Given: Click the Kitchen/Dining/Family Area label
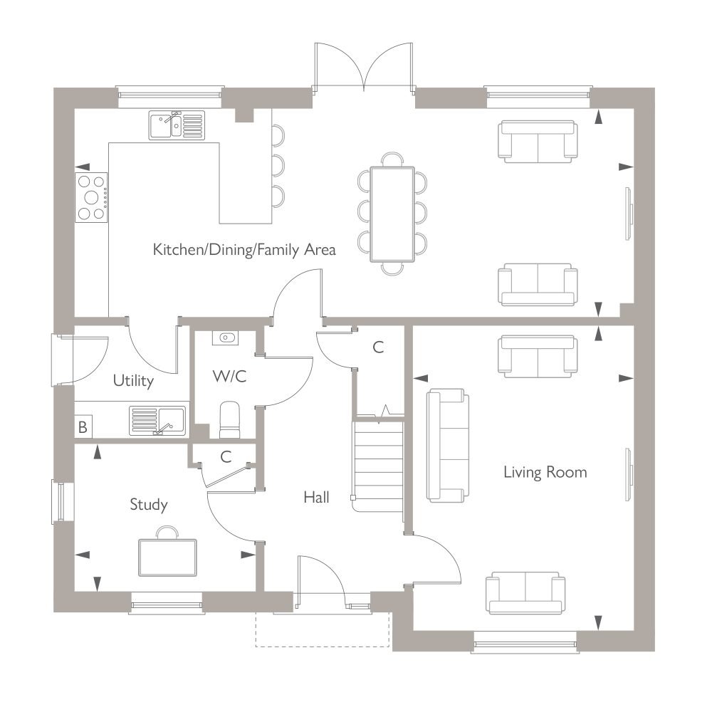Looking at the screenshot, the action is click(x=244, y=250).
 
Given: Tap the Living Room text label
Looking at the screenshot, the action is click(x=545, y=473).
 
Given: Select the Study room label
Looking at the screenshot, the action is click(x=149, y=505).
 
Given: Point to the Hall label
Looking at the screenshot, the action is click(x=316, y=497).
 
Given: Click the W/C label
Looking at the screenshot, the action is click(x=229, y=377).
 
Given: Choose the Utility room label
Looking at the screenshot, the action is click(x=133, y=380).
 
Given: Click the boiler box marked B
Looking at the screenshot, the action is click(x=83, y=426).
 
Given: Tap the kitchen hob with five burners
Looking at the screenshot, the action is click(x=91, y=197).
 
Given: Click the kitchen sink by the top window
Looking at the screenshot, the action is click(x=177, y=125).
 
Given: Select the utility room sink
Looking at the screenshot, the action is click(x=157, y=421).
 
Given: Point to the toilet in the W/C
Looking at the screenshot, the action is click(x=229, y=419).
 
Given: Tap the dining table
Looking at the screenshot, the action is click(x=392, y=214).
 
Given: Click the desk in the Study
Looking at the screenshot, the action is click(x=167, y=557).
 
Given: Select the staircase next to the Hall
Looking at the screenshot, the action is click(x=379, y=468).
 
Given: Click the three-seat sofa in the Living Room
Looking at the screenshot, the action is click(x=447, y=446).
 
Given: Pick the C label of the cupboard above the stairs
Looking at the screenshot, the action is click(x=378, y=347).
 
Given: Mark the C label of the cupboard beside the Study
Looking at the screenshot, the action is click(x=226, y=457).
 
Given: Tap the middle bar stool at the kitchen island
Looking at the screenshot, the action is click(x=278, y=166).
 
